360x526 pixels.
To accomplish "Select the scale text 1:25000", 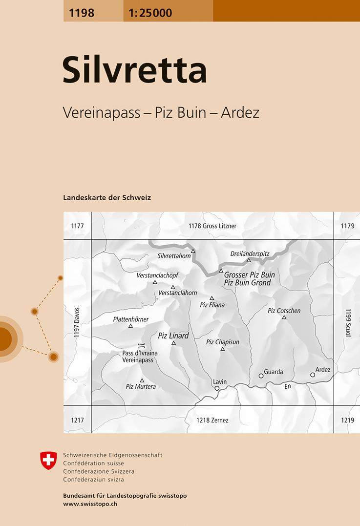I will (150, 13).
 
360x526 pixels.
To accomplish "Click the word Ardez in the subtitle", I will (240, 113).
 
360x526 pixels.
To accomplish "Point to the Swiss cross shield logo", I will (48, 461).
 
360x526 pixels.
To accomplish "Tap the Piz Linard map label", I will (173, 336).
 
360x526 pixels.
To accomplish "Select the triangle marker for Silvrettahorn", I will (193, 251).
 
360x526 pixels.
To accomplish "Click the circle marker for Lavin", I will (217, 388).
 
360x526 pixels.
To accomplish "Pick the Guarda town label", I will (273, 372).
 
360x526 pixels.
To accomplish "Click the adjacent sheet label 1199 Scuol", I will (348, 323).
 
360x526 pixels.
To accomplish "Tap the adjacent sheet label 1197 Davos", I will (76, 323).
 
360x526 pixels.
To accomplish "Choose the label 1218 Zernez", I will (212, 420).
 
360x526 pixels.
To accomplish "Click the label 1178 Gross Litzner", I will (212, 226).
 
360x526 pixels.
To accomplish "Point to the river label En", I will (288, 386).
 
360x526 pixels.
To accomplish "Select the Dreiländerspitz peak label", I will (250, 254).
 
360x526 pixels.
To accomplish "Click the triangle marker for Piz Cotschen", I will (284, 317).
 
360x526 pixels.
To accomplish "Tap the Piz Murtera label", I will (141, 386).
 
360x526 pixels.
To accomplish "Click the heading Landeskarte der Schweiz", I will (107, 198).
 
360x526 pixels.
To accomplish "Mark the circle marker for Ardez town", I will (313, 375).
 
